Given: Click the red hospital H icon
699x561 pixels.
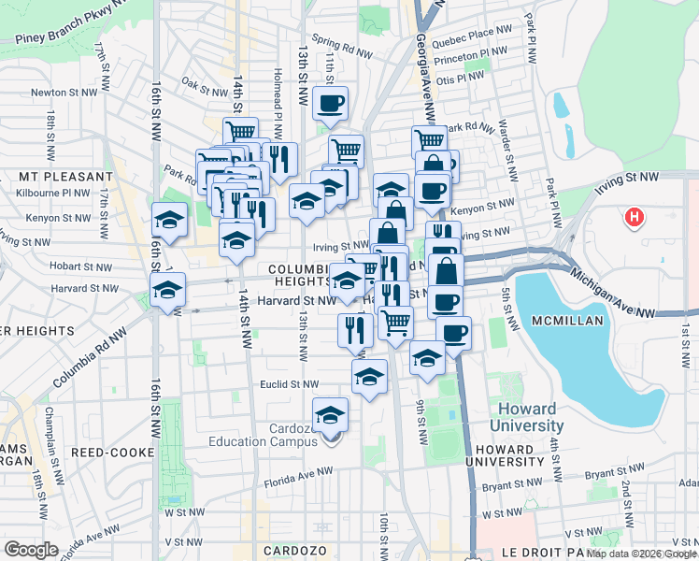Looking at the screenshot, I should [635, 218].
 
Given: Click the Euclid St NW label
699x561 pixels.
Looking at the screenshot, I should [289, 384].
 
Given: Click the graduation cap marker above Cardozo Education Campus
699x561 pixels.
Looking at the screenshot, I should [330, 414].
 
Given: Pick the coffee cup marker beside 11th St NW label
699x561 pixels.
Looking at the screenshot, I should [330, 103].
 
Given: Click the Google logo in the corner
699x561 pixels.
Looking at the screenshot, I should [32, 549].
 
